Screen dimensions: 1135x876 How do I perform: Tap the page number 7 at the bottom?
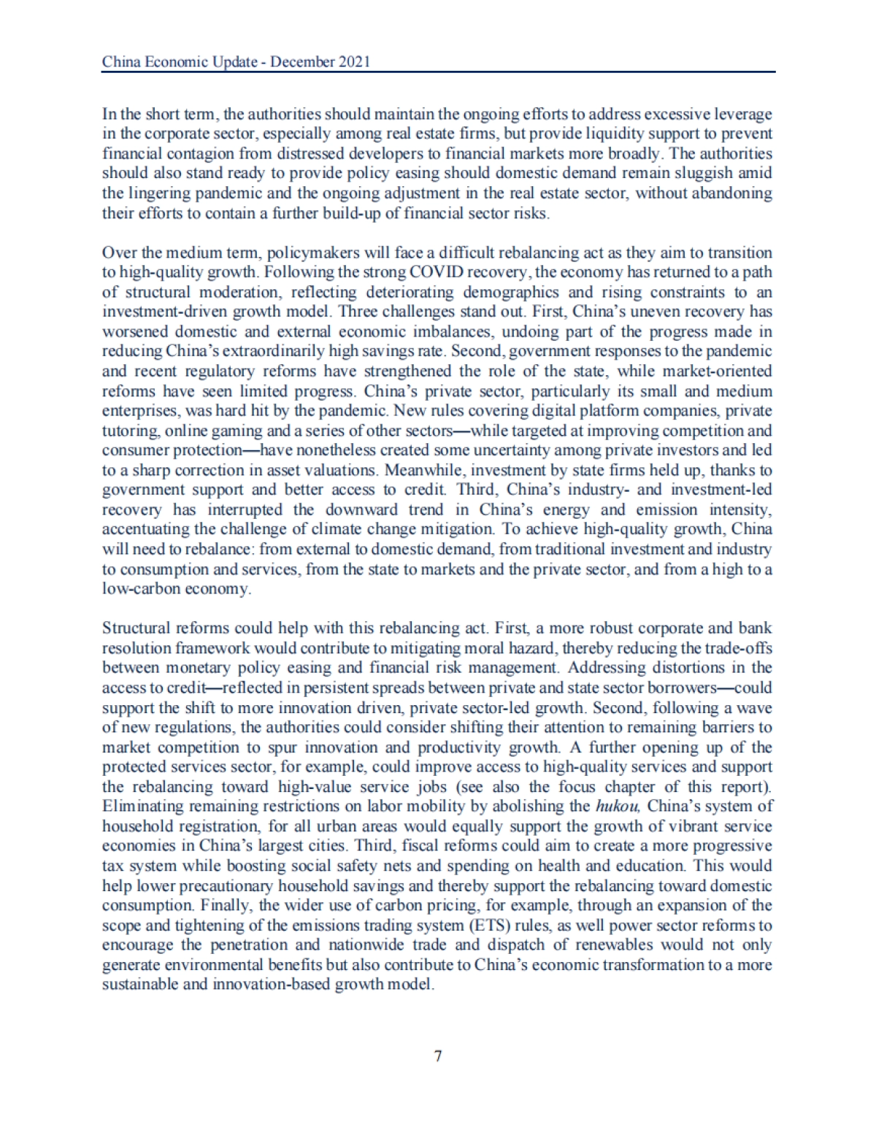(x=438, y=1055)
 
